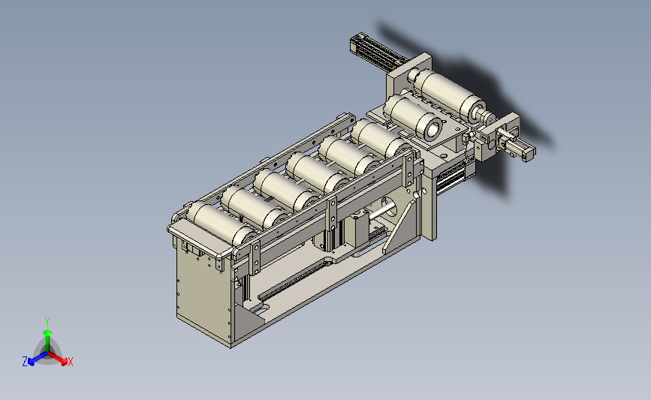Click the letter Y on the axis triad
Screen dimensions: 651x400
coord(47,322)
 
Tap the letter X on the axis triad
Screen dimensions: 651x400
coord(70,362)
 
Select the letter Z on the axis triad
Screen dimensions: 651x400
coord(25,362)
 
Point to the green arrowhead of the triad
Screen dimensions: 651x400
coord(48,332)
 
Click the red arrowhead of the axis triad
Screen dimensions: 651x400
coord(64,362)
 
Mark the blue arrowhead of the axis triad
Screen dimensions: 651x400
coord(32,362)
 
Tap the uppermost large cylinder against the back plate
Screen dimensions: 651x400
coord(449,94)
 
